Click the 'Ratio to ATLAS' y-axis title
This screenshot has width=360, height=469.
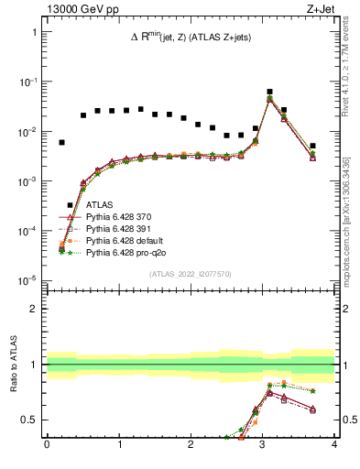(13, 365)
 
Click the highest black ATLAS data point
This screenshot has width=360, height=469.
(269, 92)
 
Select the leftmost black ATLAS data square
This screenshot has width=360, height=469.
(61, 142)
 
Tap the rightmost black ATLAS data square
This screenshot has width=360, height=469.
(312, 146)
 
